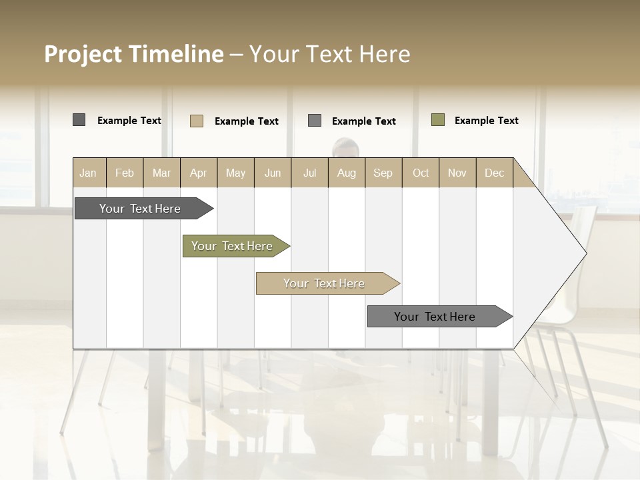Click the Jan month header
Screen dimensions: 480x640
click(x=88, y=173)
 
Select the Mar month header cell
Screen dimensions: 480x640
click(x=161, y=173)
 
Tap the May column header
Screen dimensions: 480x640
click(x=235, y=173)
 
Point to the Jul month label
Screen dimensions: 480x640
click(x=309, y=173)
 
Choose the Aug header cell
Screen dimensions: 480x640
click(x=346, y=173)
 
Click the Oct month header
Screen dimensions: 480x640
click(x=421, y=173)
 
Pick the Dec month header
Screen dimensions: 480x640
click(x=494, y=173)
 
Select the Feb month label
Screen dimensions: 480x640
click(x=125, y=173)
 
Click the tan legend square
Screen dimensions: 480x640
click(x=197, y=121)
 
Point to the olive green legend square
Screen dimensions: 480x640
click(x=438, y=120)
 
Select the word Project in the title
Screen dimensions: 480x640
click(x=83, y=54)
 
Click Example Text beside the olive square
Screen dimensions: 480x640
click(x=486, y=121)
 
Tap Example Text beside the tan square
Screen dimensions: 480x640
click(x=246, y=121)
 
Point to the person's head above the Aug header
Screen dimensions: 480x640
click(x=345, y=147)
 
